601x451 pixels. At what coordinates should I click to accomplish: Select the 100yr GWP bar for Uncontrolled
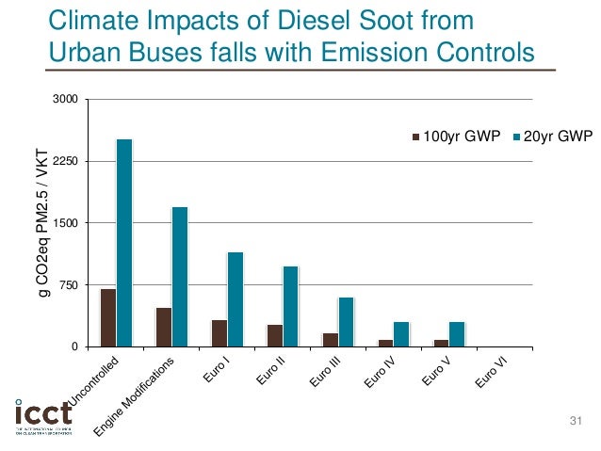point(108,318)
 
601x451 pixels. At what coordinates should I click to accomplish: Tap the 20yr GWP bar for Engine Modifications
point(179,277)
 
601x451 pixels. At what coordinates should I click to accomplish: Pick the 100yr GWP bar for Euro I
point(219,333)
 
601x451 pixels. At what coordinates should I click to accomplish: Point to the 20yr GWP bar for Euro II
point(290,307)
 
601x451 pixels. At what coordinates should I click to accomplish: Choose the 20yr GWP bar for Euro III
point(346,322)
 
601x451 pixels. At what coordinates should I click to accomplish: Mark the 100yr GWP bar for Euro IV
point(385,343)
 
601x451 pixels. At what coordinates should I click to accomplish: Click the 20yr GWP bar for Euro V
point(457,334)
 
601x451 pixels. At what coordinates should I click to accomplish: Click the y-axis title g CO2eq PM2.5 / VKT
point(43,223)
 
